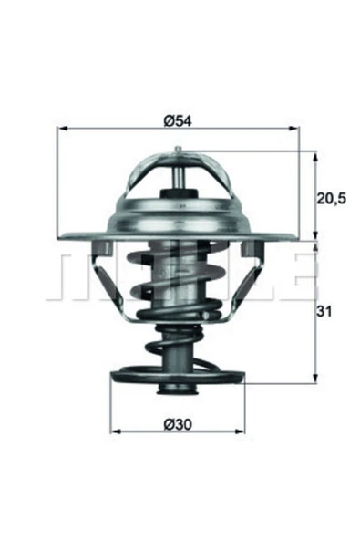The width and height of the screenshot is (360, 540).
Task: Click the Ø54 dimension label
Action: pyautogui.click(x=178, y=121)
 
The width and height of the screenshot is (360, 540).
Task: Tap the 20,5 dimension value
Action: pyautogui.click(x=331, y=198)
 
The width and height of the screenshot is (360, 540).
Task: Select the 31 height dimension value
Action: pyautogui.click(x=324, y=312)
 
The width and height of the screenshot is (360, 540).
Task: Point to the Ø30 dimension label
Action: pyautogui.click(x=178, y=424)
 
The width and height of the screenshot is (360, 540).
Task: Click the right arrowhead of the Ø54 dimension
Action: pyautogui.click(x=293, y=129)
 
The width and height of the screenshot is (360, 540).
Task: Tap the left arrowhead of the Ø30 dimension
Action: pyautogui.click(x=116, y=431)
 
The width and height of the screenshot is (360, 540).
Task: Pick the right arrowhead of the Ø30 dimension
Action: pyautogui.click(x=240, y=431)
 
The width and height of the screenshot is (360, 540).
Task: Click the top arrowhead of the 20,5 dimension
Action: pyautogui.click(x=314, y=157)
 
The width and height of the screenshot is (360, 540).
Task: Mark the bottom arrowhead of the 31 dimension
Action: pyautogui.click(x=314, y=378)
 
